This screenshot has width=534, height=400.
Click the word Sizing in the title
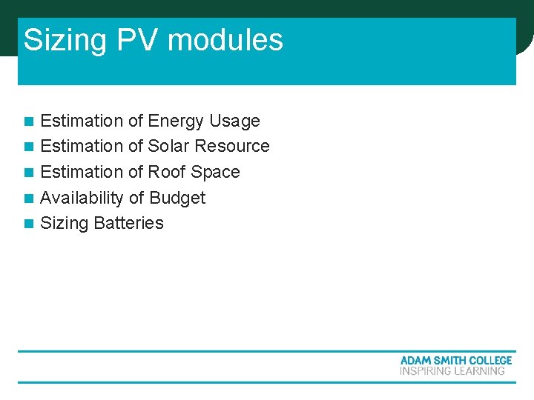[67, 40]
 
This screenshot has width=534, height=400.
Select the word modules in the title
[225, 40]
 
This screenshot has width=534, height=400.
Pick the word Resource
[234, 147]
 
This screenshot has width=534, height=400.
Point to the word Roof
[167, 173]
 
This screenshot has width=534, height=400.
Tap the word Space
[215, 173]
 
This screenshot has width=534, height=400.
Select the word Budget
[177, 199]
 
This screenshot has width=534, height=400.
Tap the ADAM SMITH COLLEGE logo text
[456, 360]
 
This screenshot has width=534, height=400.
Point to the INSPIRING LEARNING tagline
[452, 371]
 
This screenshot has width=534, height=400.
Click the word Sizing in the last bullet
[65, 224]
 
